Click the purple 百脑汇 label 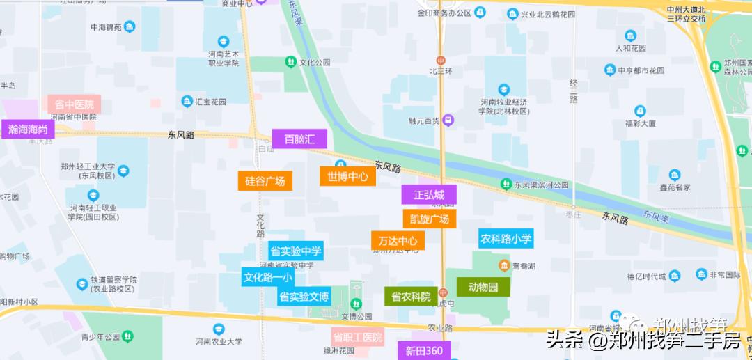(x=299, y=139)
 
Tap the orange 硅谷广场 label (x=265, y=181)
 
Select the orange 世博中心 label (x=347, y=175)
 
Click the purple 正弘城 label (x=428, y=194)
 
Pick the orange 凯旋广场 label (x=429, y=219)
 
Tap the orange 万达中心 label (x=398, y=241)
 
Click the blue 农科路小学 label (x=506, y=239)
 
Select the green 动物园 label (x=483, y=286)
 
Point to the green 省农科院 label (x=411, y=296)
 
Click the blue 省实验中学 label (x=295, y=251)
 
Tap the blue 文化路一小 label (x=267, y=276)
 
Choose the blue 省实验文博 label (x=304, y=297)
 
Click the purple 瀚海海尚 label (x=28, y=129)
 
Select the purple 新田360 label (x=424, y=350)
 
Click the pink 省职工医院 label (x=358, y=338)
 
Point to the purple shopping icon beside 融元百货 (x=449, y=120)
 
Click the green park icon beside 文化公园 (x=290, y=62)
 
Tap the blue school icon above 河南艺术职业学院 (x=224, y=42)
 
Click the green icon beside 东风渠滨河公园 (x=506, y=184)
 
